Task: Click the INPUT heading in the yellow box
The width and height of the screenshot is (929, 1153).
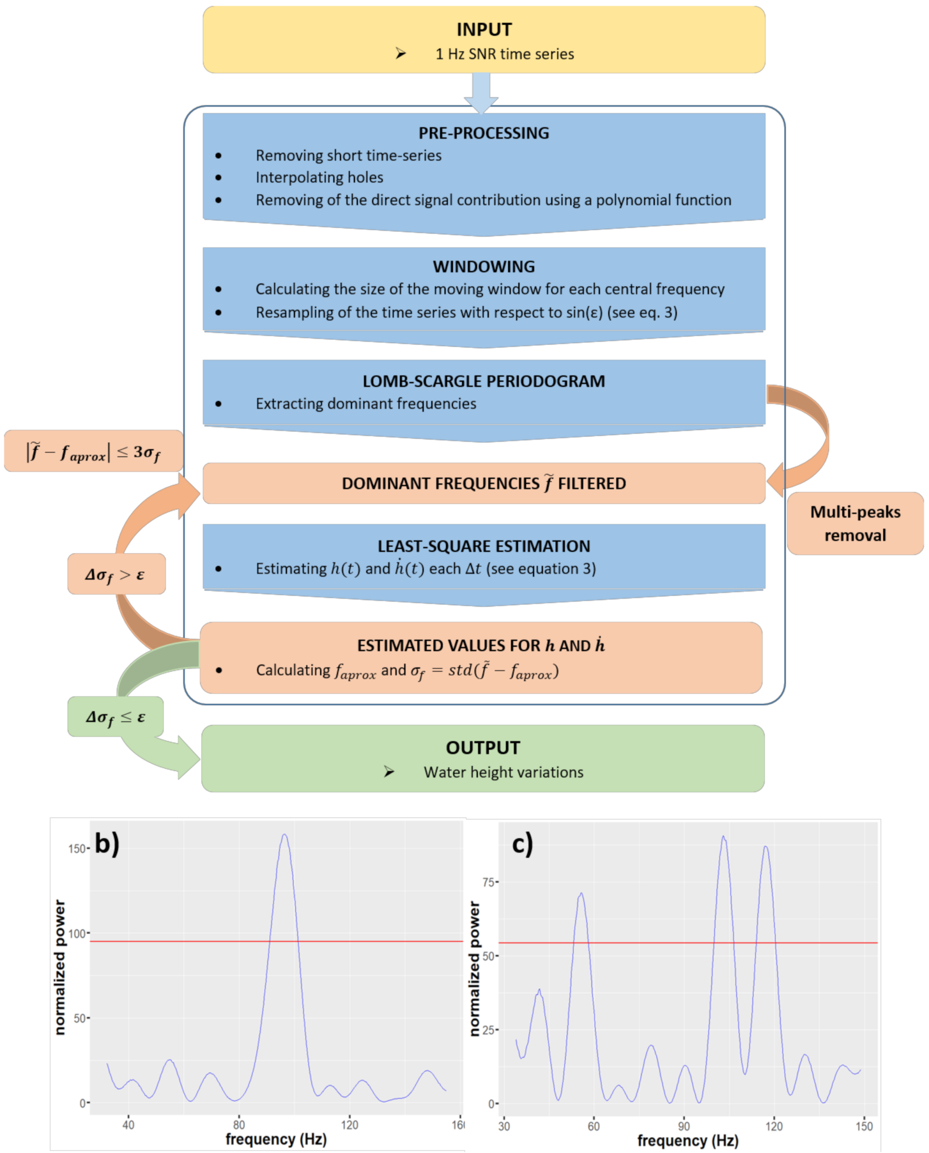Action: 484,30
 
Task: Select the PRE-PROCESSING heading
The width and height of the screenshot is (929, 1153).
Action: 484,133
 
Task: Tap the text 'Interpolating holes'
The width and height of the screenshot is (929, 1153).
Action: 319,177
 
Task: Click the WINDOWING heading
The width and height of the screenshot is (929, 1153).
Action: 484,266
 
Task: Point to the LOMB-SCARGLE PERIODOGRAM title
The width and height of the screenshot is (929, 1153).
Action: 484,381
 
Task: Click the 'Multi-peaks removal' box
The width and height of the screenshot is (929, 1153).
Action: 855,523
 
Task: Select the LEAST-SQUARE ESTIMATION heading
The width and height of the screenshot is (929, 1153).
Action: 484,546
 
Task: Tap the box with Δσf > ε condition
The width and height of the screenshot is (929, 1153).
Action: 116,574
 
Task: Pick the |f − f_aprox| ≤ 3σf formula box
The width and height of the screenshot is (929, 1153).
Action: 94,452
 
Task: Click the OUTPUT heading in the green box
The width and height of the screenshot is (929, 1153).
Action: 483,747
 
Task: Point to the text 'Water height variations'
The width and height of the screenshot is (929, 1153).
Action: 503,772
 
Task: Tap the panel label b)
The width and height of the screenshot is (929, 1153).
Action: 107,843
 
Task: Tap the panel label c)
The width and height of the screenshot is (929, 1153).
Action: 522,844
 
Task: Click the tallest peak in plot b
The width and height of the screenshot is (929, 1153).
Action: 285,836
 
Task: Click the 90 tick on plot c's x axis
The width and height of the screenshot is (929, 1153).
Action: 684,1126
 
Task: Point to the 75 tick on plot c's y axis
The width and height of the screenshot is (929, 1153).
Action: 488,882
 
